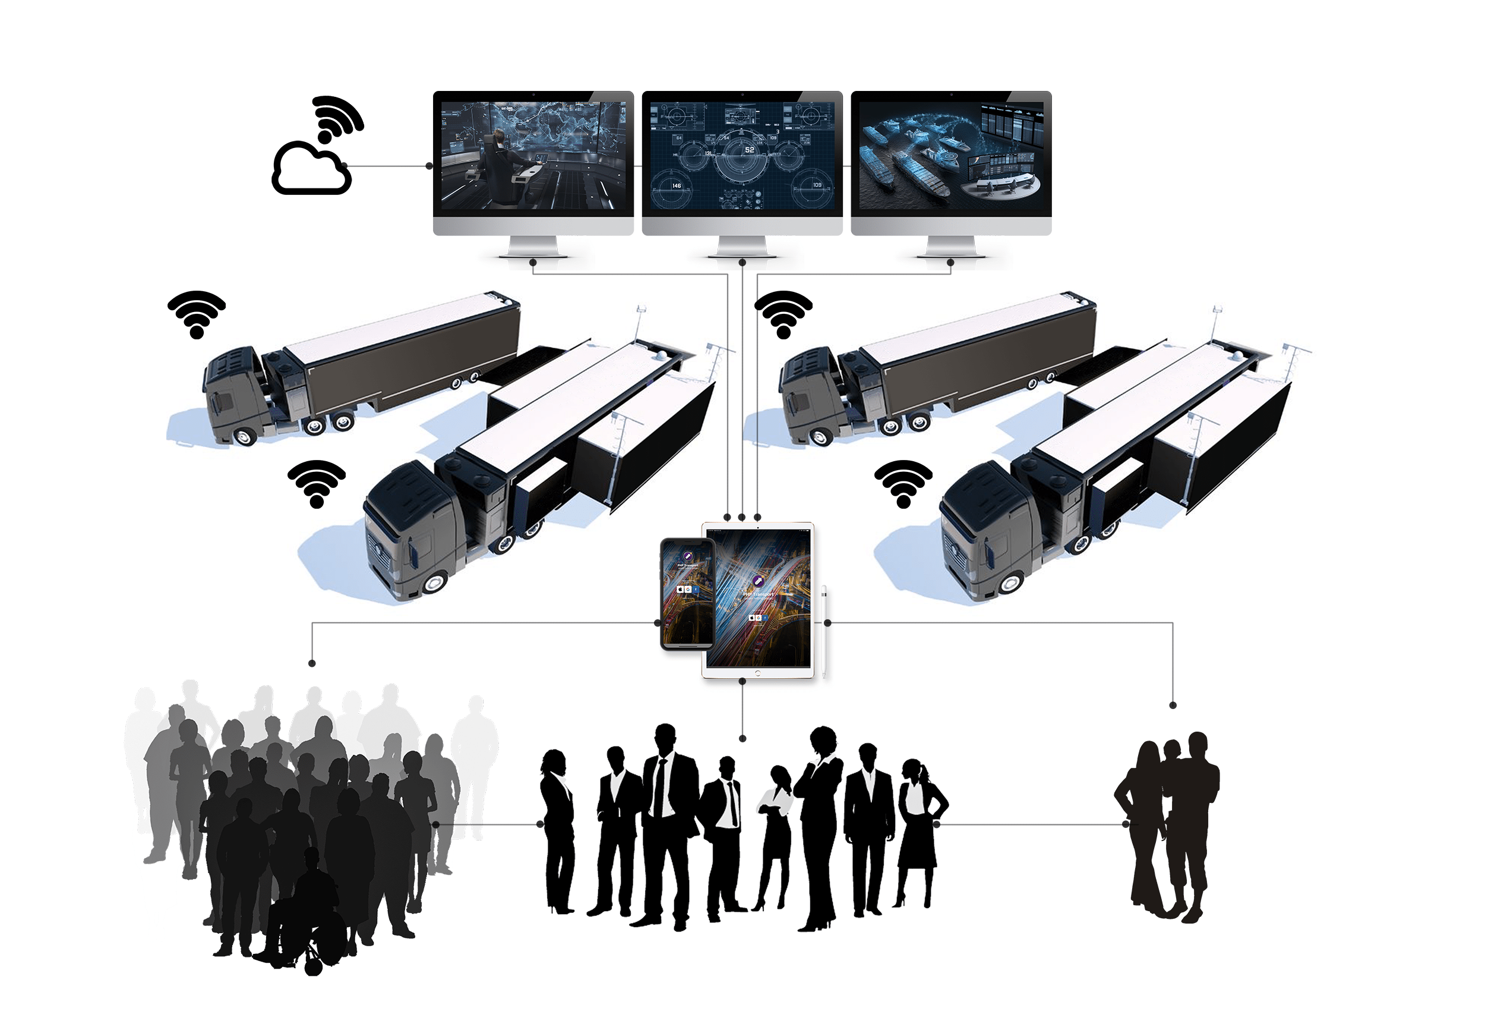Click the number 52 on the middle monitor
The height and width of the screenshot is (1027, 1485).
(749, 149)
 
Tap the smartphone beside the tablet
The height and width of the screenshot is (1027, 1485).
(687, 593)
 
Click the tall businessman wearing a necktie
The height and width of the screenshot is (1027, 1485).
(667, 824)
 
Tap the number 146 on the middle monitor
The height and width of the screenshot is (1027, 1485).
(676, 185)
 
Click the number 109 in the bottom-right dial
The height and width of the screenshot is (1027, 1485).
(817, 185)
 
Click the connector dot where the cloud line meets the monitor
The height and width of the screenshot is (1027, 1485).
(429, 166)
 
